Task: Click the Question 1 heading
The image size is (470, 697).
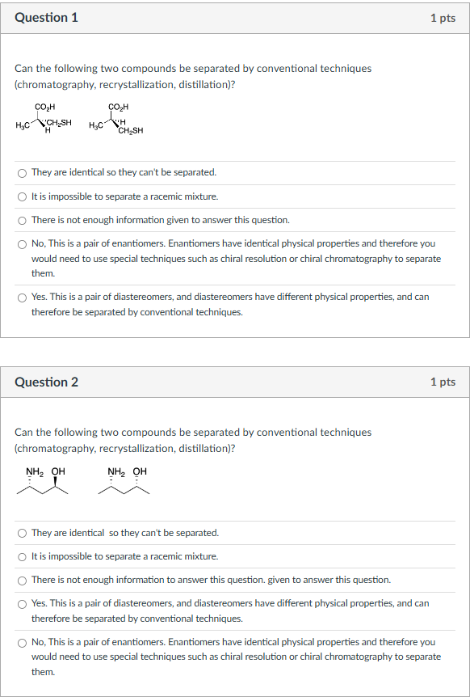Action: point(46,18)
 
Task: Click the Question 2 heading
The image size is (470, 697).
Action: point(46,382)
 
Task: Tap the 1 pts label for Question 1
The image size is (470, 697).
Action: point(443,18)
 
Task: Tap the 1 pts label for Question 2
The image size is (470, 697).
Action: point(443,382)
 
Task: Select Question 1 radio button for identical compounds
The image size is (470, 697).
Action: point(23,173)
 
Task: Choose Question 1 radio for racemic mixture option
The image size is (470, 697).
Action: point(23,196)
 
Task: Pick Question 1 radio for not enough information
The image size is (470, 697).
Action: point(23,220)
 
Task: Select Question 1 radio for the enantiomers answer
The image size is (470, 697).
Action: point(23,243)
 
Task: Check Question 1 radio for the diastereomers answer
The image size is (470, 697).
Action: point(23,298)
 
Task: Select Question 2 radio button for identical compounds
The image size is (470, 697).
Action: point(23,533)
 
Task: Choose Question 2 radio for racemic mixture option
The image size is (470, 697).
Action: point(23,556)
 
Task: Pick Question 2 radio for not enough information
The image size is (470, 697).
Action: point(23,580)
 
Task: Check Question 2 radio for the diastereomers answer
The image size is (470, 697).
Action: point(23,603)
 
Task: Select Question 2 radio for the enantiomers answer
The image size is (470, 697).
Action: point(23,643)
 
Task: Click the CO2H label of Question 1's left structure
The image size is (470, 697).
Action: point(45,106)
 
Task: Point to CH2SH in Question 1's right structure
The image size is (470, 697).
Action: point(130,131)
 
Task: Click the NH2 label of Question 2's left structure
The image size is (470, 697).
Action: point(35,471)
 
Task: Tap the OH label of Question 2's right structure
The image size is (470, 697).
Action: point(140,471)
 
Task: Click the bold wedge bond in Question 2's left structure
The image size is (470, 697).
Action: point(57,482)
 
